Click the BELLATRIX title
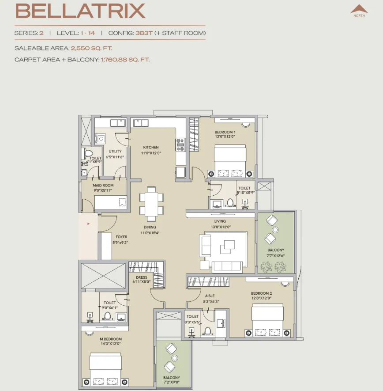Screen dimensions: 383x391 [x=80, y=11]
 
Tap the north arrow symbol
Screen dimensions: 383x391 [x=359, y=9]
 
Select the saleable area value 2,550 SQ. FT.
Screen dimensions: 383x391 [x=91, y=48]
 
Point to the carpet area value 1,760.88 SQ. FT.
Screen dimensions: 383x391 [x=125, y=60]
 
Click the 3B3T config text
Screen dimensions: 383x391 [x=144, y=33]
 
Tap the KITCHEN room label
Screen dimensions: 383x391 [x=151, y=148]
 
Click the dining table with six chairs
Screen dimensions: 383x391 [x=151, y=204]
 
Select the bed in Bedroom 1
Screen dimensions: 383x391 [x=230, y=161]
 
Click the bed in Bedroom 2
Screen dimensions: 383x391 [x=267, y=320]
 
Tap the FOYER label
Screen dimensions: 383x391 [x=121, y=237]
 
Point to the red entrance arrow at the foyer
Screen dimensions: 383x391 [x=88, y=224]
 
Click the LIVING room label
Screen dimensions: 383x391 [x=220, y=221]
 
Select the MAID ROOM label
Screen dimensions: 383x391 [x=103, y=185]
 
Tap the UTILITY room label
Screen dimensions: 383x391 [x=115, y=152]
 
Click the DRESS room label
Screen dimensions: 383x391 [x=142, y=277]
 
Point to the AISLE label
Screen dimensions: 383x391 [x=210, y=296]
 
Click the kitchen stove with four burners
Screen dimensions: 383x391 [x=180, y=145]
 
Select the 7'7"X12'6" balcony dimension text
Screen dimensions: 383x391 [x=276, y=256]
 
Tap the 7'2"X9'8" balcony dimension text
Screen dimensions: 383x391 [x=172, y=382]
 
